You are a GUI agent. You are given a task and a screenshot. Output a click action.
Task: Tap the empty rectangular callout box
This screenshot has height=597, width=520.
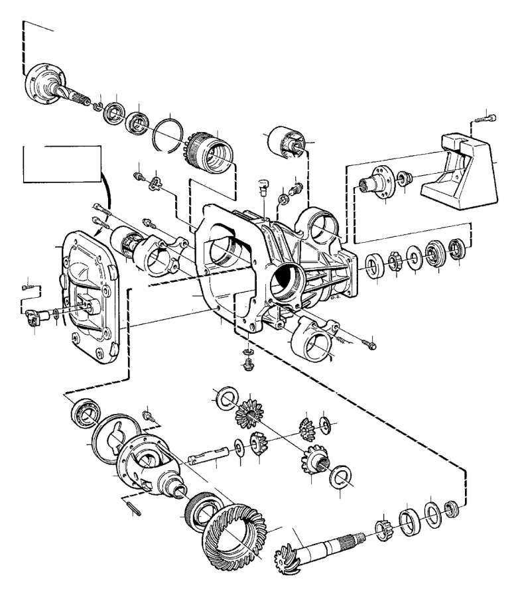[61, 163]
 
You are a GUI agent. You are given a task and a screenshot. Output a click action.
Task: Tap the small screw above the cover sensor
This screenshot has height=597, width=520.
[28, 287]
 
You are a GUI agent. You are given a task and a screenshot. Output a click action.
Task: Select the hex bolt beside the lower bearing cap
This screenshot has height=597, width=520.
[368, 344]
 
